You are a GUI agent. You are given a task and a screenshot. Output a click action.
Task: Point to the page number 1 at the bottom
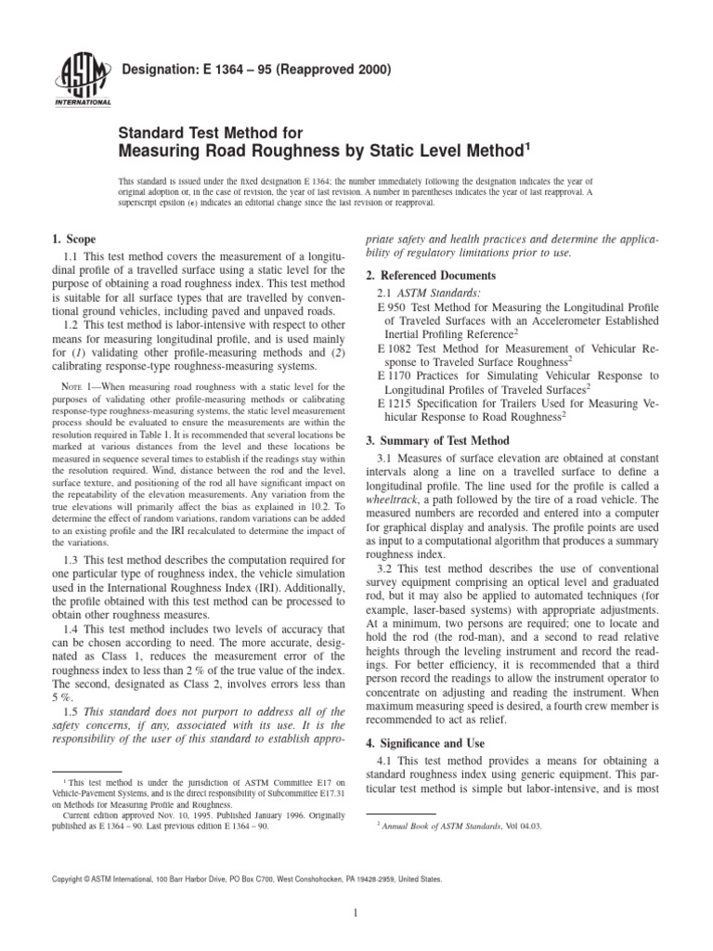pos(356,913)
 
